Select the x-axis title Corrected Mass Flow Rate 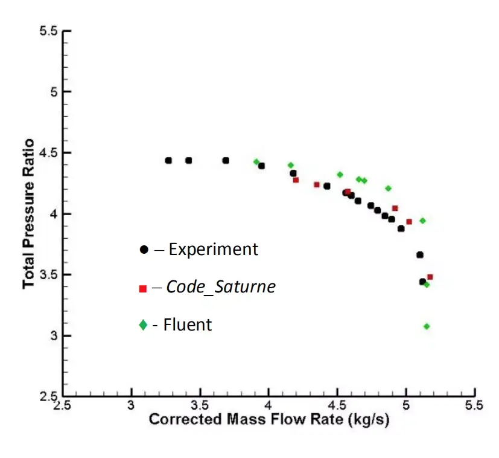269,419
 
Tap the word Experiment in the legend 213,249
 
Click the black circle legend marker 143,249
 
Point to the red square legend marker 143,288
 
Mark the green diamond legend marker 143,325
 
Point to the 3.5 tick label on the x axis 200,404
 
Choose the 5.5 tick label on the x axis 474,404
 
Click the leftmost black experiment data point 168,161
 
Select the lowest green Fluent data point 427,326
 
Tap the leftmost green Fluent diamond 256,162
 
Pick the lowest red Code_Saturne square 430,277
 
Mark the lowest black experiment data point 422,282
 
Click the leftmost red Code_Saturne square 296,180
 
